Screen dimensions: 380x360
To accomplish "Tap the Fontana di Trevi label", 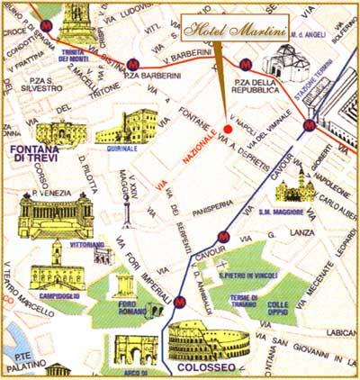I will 34,153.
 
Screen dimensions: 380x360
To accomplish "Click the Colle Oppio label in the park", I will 282,309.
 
